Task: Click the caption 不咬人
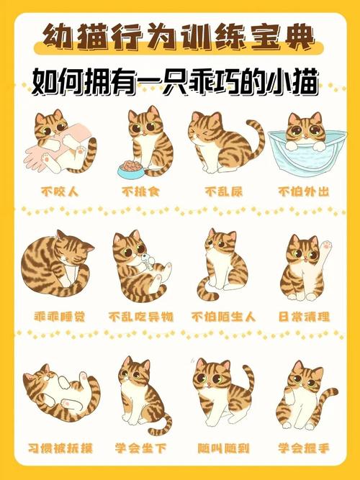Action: point(58,192)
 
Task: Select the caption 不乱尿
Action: point(221,192)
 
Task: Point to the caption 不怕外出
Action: point(303,192)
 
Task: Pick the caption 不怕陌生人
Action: point(221,316)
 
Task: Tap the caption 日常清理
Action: point(303,316)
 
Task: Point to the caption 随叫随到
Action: point(223,448)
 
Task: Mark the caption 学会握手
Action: point(303,448)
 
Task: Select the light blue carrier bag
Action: point(303,155)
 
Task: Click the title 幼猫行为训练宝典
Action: point(180,35)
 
